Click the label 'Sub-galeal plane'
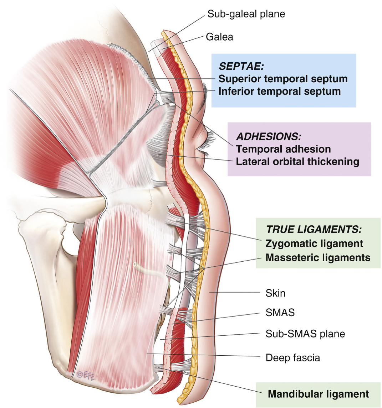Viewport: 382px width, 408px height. click(246, 14)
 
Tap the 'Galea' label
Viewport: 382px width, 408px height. click(219, 37)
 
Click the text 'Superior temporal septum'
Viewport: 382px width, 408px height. click(283, 79)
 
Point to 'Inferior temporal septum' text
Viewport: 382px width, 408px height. click(279, 91)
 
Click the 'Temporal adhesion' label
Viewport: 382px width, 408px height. click(283, 149)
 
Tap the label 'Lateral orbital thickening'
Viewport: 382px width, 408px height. click(297, 162)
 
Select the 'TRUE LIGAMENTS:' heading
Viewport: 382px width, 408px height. click(314, 230)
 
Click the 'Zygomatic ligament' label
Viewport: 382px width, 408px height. click(314, 244)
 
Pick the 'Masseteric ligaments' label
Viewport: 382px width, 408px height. click(318, 257)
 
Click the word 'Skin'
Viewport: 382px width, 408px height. click(275, 293)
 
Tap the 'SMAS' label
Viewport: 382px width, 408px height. click(280, 313)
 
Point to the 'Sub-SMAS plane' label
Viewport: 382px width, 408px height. click(305, 334)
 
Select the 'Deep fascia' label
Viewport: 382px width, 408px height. click(292, 357)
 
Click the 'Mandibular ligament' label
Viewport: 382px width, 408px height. click(318, 394)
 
